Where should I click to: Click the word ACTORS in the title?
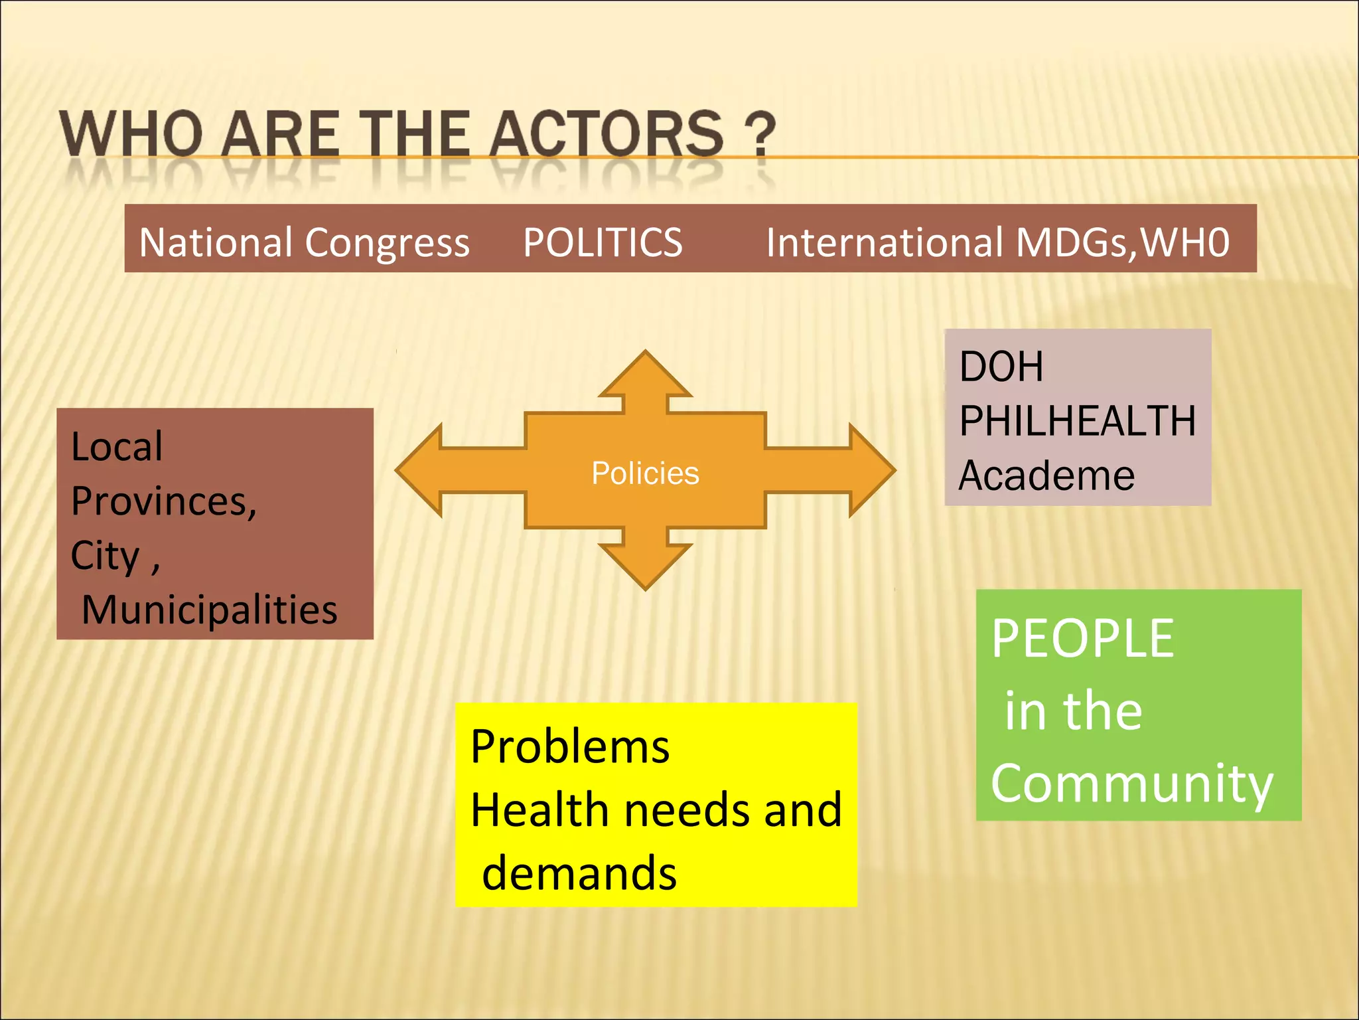[607, 134]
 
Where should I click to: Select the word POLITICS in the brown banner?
[603, 242]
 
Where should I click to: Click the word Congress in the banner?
[388, 243]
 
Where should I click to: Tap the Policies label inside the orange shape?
[645, 473]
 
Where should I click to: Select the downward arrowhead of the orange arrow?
[645, 564]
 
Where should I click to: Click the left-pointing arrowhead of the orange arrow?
[422, 470]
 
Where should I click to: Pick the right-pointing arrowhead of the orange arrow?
[869, 470]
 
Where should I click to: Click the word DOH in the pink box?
[1001, 367]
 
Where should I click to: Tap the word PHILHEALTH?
[1078, 421]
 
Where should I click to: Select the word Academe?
[1046, 475]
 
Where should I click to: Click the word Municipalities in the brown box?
[210, 610]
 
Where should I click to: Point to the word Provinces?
[163, 501]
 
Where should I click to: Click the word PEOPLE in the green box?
[1083, 638]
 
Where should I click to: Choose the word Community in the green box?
[1132, 784]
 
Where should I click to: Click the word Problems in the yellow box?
[569, 747]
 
